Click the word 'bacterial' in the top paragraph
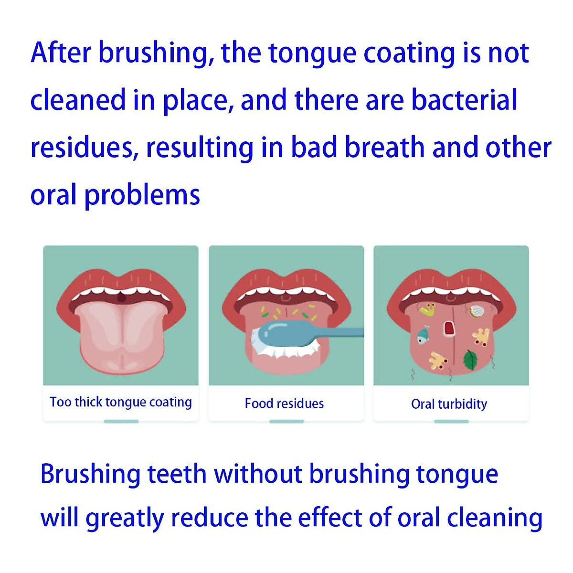click(x=464, y=100)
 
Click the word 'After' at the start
click(x=61, y=53)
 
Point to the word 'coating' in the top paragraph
click(x=409, y=53)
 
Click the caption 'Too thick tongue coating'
click(x=121, y=403)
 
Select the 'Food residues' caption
click(x=284, y=404)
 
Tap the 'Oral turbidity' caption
click(x=449, y=404)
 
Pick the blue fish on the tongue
click(x=423, y=334)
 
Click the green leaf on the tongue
click(x=470, y=360)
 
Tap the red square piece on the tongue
click(x=449, y=329)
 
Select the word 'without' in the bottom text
click(x=258, y=474)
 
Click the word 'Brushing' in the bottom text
click(x=90, y=474)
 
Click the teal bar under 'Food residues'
click(x=286, y=421)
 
